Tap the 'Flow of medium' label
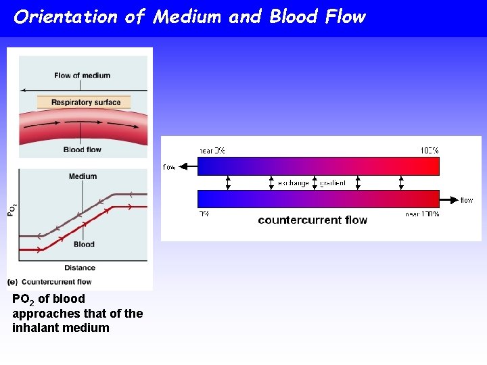click(83, 75)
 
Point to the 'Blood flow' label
click(83, 149)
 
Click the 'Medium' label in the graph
click(83, 176)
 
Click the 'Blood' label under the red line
click(84, 244)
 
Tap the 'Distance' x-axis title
click(80, 268)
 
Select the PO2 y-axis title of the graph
click(11, 210)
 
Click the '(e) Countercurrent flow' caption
click(49, 282)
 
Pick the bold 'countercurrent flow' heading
click(312, 220)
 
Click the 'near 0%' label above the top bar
click(212, 150)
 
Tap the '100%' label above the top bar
click(430, 150)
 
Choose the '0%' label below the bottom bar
click(204, 214)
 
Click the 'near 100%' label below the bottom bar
click(423, 214)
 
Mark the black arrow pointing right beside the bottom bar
click(448, 199)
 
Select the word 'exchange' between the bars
click(294, 183)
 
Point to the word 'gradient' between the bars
click(333, 183)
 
